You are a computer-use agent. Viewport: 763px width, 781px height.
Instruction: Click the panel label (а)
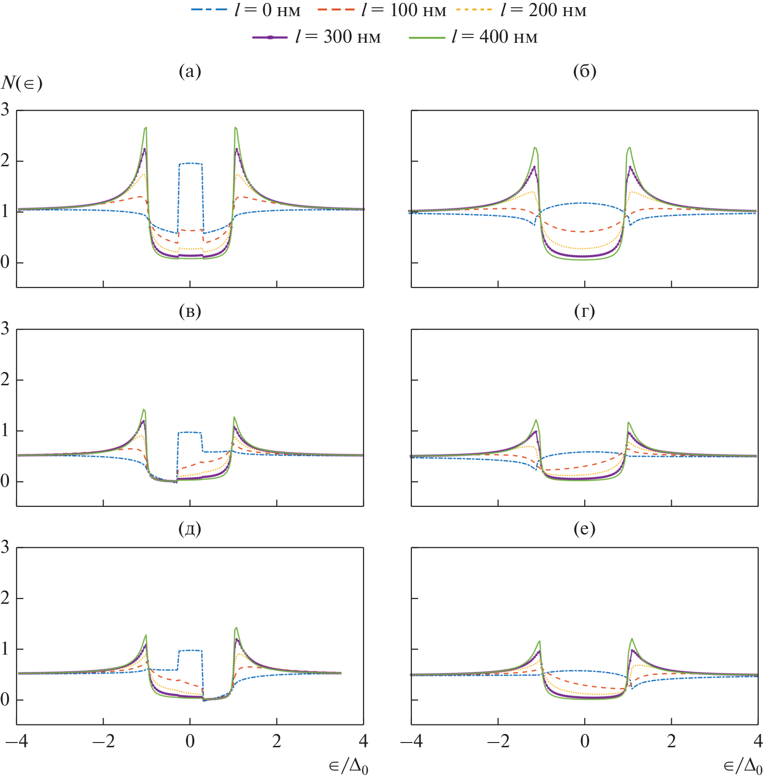190,71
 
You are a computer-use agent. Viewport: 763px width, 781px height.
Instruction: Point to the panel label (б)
584,71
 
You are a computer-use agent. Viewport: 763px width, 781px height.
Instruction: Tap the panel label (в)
190,311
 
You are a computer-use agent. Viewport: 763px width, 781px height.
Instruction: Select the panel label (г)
584,311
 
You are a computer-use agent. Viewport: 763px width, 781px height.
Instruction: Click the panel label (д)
190,529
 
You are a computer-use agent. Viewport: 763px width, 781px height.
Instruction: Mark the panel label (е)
584,529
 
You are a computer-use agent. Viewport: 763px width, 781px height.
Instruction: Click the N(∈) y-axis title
22,83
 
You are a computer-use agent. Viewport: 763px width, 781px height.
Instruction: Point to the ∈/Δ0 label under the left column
348,766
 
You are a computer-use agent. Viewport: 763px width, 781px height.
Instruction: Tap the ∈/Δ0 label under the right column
743,766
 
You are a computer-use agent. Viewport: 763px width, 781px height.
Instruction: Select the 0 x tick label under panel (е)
585,741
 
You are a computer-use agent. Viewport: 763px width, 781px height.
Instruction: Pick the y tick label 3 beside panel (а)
5,110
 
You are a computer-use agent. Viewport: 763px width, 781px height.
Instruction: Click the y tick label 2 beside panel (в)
5,380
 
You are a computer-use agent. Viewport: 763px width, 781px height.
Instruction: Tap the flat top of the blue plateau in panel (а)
191,163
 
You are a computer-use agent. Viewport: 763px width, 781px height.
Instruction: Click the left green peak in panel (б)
535,148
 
